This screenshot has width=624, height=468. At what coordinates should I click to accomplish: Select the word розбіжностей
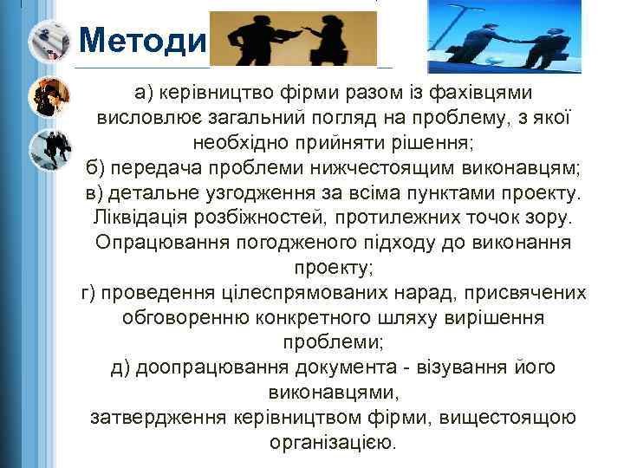point(267,218)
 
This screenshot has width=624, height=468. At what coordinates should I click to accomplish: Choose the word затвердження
point(159,419)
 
